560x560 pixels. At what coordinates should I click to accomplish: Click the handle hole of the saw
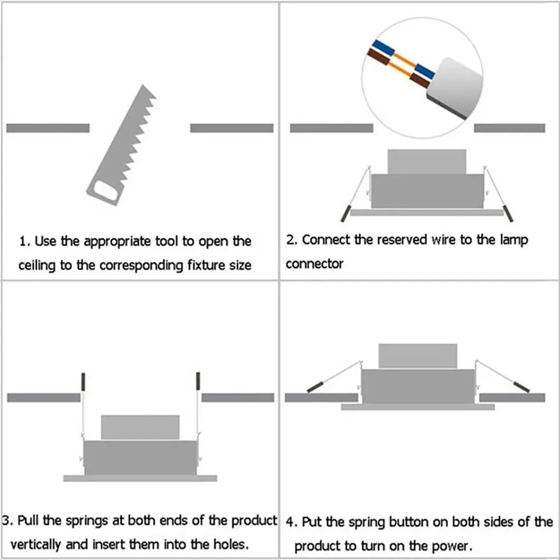(x=104, y=192)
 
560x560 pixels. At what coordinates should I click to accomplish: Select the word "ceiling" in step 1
(x=37, y=265)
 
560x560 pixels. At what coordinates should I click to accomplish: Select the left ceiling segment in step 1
(x=48, y=128)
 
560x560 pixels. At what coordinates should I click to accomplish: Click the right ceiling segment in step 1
(x=231, y=128)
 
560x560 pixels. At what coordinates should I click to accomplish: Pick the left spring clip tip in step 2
(x=344, y=213)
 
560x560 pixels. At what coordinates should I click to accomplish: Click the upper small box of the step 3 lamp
(x=140, y=427)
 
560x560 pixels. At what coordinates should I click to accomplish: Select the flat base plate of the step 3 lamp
(x=140, y=478)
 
